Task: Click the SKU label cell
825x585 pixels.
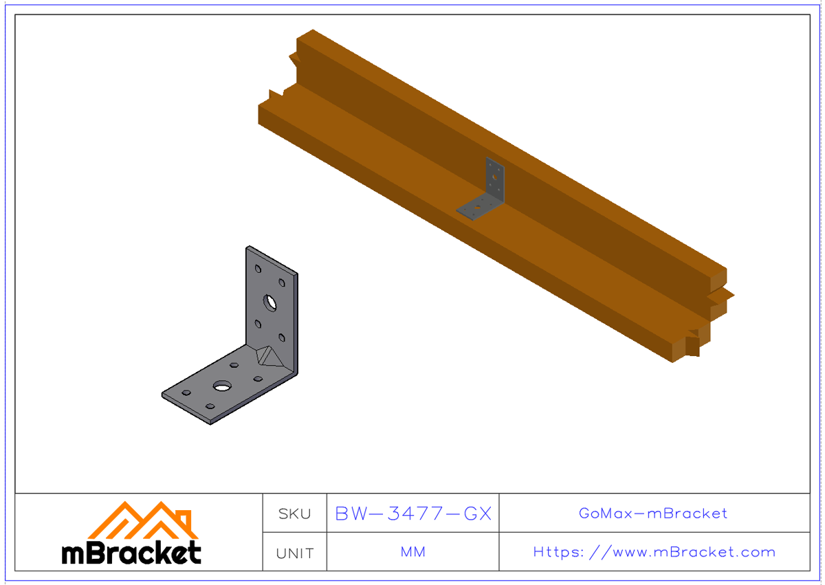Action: click(294, 514)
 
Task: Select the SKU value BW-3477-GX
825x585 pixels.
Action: click(413, 514)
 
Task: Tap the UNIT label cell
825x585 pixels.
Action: click(294, 553)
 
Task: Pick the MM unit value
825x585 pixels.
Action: click(413, 552)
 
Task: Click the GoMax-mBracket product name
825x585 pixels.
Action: click(653, 514)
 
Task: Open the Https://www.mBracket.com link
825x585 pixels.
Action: click(654, 552)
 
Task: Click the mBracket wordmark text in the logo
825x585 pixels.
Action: click(131, 553)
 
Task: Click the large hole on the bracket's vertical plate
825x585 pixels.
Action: click(269, 301)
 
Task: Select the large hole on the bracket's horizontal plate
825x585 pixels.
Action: click(221, 386)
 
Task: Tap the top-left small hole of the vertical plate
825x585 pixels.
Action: click(258, 269)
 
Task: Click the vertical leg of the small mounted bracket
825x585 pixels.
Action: click(494, 179)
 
